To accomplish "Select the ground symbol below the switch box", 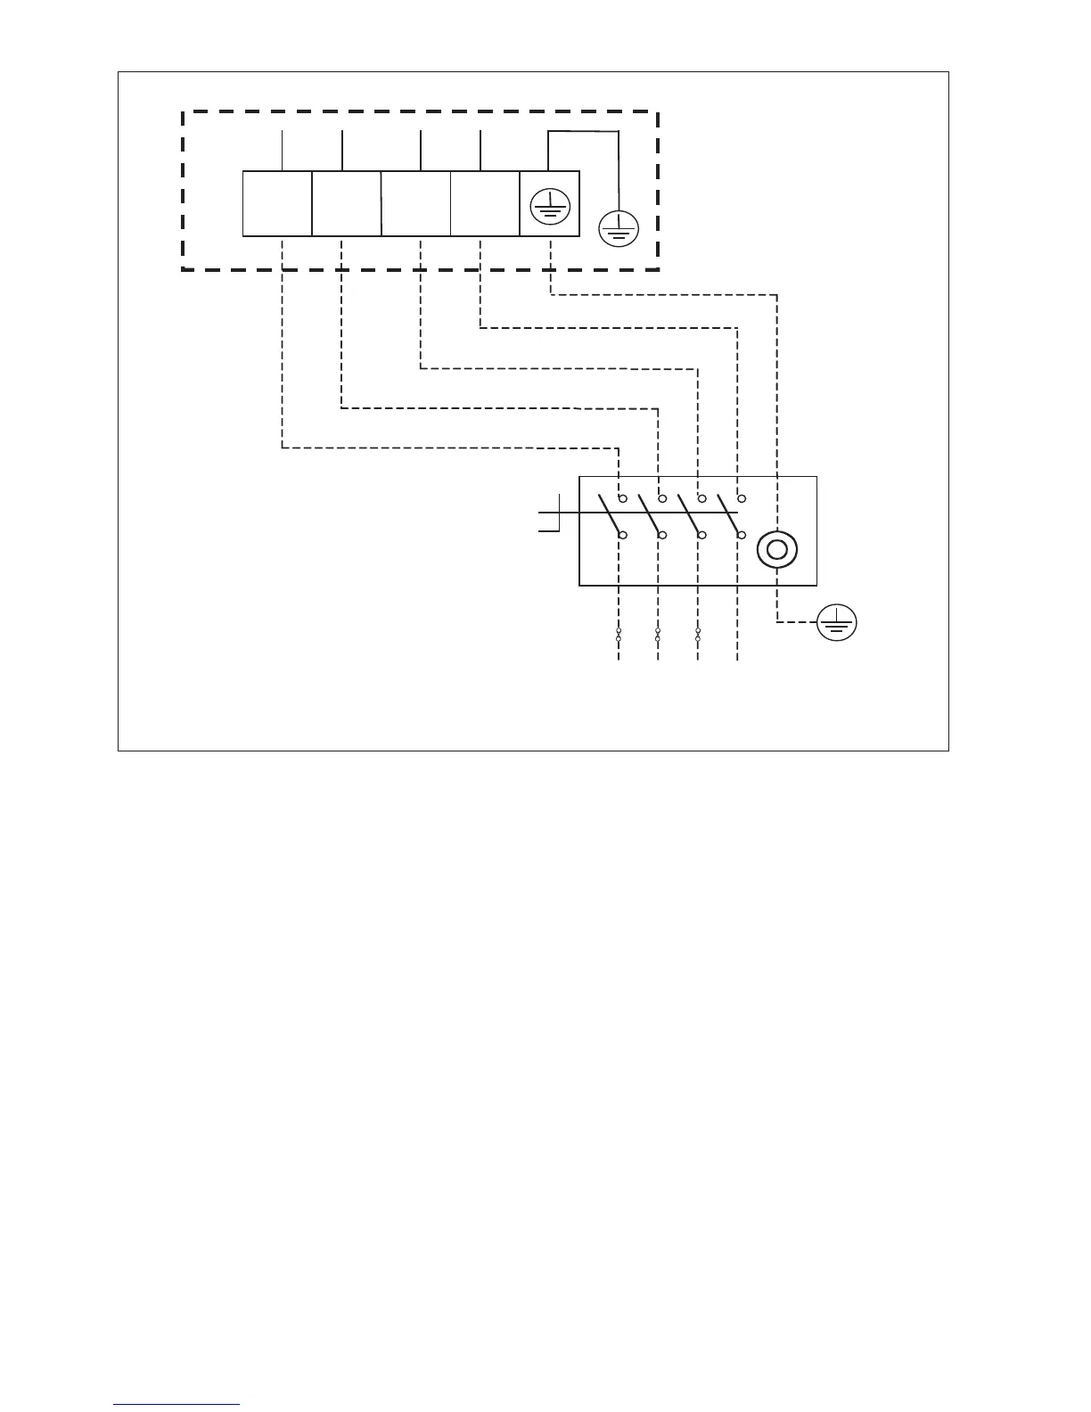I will pyautogui.click(x=837, y=622).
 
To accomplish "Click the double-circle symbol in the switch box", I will pyautogui.click(x=776, y=551).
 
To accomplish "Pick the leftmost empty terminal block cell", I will pyautogui.click(x=277, y=204).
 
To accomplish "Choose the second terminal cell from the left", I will pyautogui.click(x=347, y=204).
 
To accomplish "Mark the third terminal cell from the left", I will pyautogui.click(x=416, y=204).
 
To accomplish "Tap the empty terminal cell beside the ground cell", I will pyautogui.click(x=485, y=204).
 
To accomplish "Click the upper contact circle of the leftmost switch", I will pyautogui.click(x=623, y=497).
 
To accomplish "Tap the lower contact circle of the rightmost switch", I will pyautogui.click(x=742, y=535).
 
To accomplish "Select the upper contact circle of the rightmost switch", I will pyautogui.click(x=742, y=497).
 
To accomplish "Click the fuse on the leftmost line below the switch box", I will pyautogui.click(x=619, y=635).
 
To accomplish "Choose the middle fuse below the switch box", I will pyautogui.click(x=658, y=635).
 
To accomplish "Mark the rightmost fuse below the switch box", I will pyautogui.click(x=698, y=635).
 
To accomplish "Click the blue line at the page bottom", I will pyautogui.click(x=176, y=1404).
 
